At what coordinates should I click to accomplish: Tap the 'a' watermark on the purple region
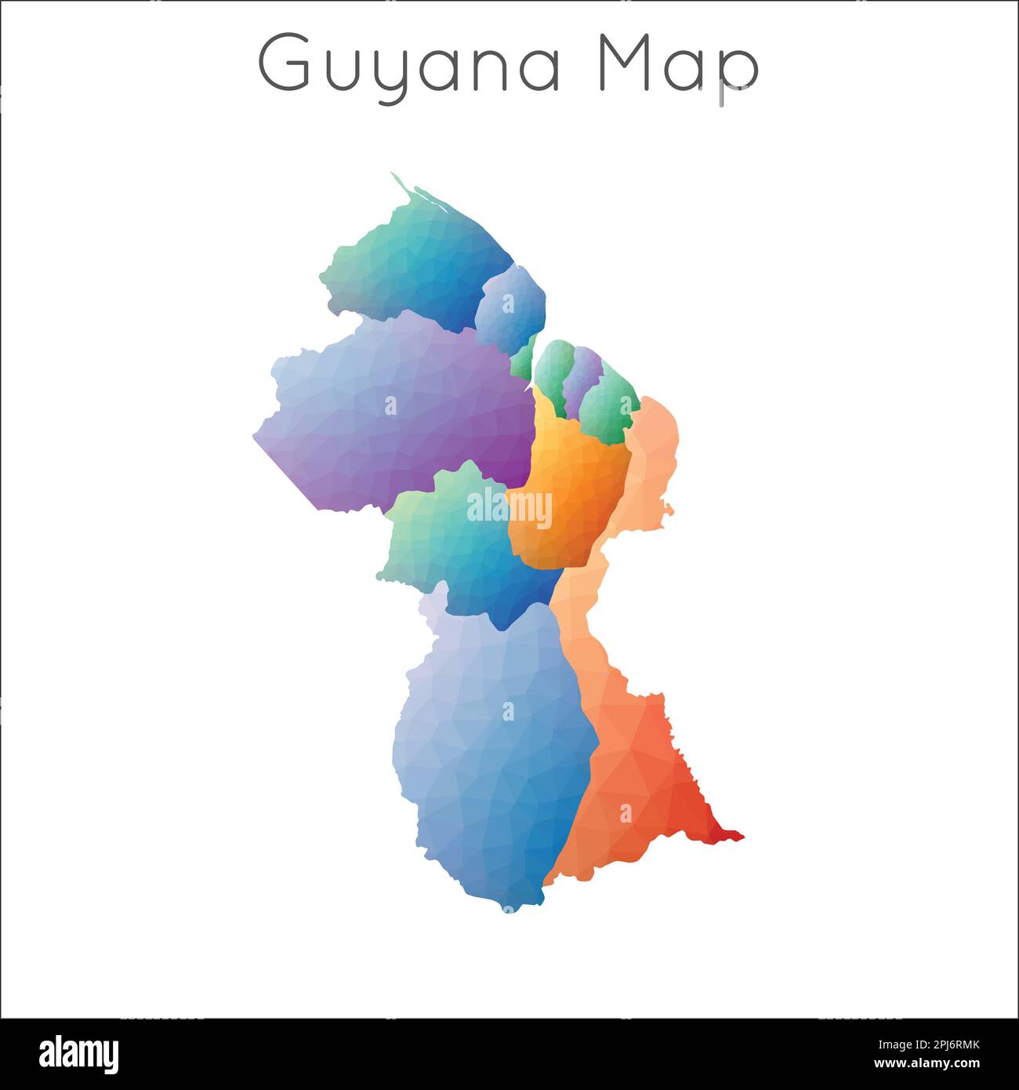point(390,405)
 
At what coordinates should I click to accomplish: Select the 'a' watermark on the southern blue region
point(508,710)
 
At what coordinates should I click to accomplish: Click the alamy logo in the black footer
point(78,1054)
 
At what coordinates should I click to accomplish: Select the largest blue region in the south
point(494,753)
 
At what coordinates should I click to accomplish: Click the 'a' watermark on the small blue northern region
point(508,302)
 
